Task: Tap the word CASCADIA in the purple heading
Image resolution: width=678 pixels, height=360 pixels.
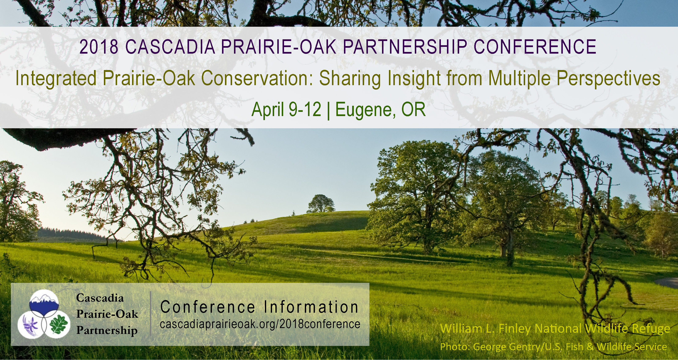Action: [170, 47]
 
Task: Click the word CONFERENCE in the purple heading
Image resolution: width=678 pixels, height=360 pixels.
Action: [535, 47]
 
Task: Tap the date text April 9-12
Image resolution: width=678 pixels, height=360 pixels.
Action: [286, 110]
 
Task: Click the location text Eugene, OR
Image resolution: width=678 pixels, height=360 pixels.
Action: [380, 110]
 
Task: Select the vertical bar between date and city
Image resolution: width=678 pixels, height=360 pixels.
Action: [328, 111]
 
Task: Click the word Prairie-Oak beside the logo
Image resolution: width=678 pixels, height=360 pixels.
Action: [107, 314]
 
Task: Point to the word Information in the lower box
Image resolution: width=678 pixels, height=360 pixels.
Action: [311, 307]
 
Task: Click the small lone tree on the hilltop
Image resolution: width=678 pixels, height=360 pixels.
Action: [321, 203]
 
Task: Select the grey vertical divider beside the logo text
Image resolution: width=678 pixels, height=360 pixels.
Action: [151, 313]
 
